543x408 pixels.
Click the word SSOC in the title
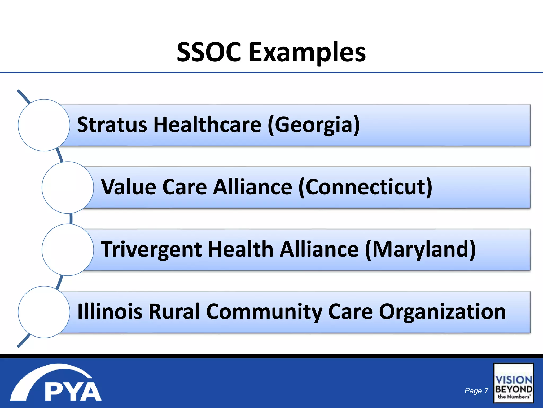(209, 52)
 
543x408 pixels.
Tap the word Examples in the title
(307, 53)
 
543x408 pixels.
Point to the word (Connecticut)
(365, 187)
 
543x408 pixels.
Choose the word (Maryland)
(420, 250)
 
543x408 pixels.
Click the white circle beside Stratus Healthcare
(44, 125)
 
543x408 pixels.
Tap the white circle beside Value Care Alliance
(68, 188)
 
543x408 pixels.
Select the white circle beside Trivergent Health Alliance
(68, 250)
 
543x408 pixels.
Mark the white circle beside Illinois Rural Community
(44, 312)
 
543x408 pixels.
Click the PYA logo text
(73, 392)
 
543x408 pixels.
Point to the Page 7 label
(476, 391)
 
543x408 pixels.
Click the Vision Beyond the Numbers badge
(513, 383)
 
